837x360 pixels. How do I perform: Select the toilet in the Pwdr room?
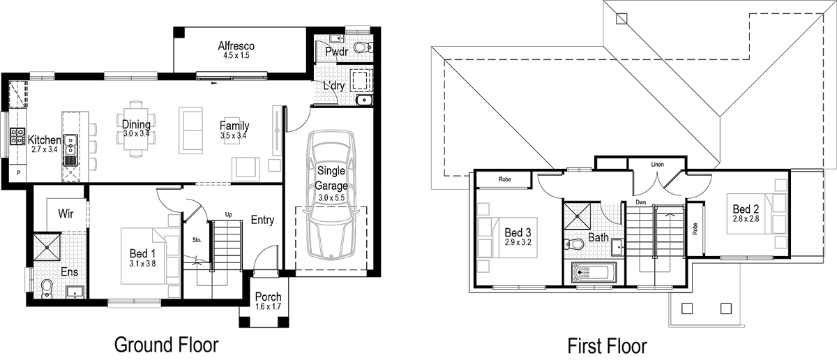(361, 47)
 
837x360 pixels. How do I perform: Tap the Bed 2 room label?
(745, 209)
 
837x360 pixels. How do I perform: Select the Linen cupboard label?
(656, 165)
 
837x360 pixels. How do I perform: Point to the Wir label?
(66, 213)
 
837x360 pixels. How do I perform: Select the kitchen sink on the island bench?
(70, 147)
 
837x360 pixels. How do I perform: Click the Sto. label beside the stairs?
(197, 239)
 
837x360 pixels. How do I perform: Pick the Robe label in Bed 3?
(505, 179)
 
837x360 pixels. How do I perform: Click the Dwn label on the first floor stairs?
(642, 203)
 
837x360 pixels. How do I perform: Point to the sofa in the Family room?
(190, 130)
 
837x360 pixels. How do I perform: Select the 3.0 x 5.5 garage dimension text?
(331, 197)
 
